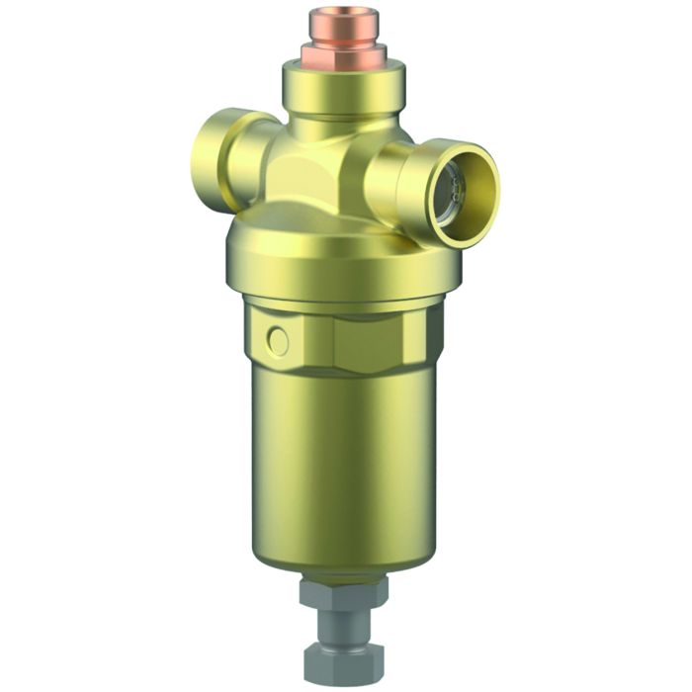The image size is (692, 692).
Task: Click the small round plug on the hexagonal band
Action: click(x=278, y=342)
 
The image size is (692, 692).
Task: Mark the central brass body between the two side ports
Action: click(x=316, y=168)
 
